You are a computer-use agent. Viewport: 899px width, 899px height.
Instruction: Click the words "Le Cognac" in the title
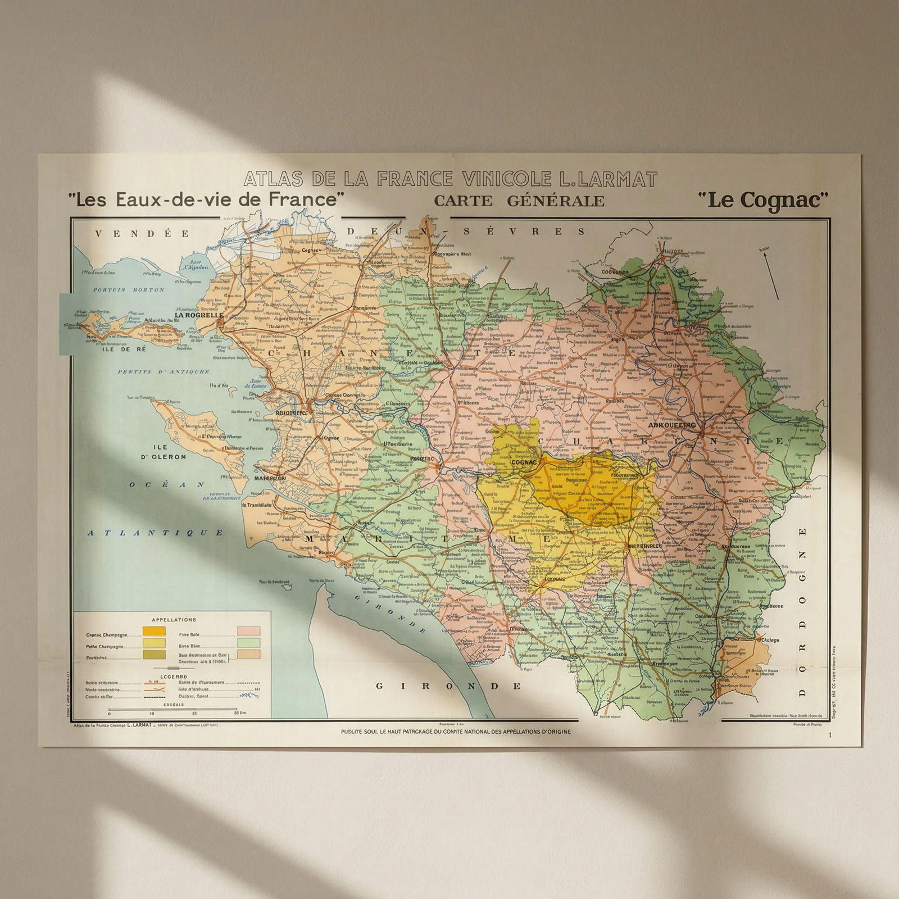click(762, 199)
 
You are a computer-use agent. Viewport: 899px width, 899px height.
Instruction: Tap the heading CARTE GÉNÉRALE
click(519, 201)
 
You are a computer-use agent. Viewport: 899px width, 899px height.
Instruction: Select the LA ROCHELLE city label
click(199, 315)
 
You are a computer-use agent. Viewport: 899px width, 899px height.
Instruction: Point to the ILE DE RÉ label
click(124, 349)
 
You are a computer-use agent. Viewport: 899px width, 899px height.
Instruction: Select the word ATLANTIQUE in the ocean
click(156, 533)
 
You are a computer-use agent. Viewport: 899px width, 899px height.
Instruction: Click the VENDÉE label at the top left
click(142, 234)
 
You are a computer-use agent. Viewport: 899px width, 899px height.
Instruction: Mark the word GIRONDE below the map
click(448, 686)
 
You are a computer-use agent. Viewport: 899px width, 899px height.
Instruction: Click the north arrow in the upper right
click(771, 275)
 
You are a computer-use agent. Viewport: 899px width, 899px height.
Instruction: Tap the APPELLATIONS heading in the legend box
click(174, 620)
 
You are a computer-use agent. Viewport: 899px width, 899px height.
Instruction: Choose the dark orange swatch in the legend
click(154, 631)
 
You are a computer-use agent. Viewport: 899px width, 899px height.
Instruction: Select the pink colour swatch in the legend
click(248, 631)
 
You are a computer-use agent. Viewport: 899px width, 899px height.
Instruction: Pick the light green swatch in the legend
click(248, 643)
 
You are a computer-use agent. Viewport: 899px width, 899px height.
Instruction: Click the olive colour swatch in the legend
click(154, 655)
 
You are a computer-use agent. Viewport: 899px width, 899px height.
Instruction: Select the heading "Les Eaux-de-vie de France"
click(206, 199)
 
